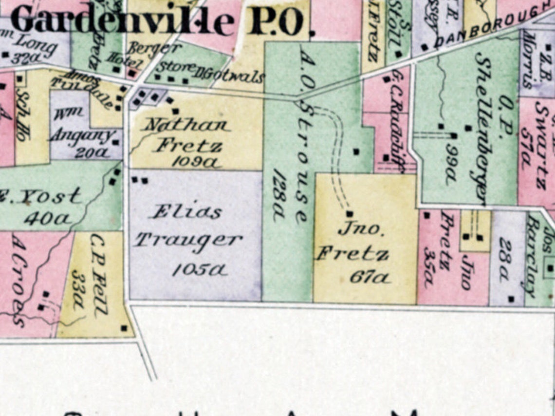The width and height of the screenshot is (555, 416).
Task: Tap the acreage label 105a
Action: pos(200,270)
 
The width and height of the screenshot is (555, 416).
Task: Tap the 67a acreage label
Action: pos(370,278)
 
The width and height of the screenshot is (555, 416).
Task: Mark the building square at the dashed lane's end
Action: pos(349,213)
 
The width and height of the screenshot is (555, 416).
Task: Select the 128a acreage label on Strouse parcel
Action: pos(279,195)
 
